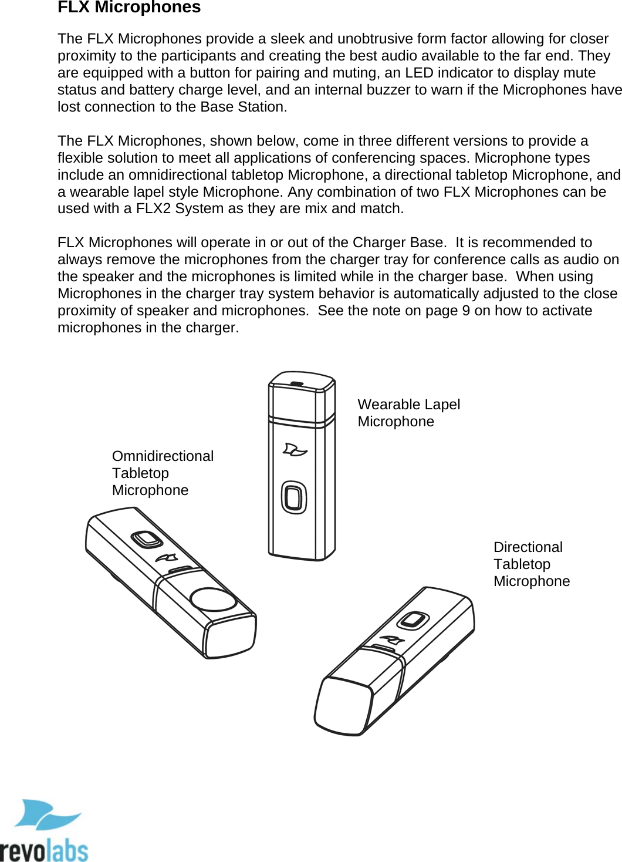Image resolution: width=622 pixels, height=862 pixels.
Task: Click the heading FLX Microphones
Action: tap(129, 8)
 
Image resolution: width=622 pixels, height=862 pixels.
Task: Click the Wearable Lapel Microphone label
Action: tap(408, 413)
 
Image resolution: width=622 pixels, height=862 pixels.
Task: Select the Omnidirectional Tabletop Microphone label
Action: tap(163, 473)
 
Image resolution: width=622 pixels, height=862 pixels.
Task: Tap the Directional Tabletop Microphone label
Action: tap(531, 564)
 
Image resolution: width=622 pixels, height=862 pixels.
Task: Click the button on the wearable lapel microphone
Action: tap(294, 497)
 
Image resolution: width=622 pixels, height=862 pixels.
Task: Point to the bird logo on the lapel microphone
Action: tap(295, 450)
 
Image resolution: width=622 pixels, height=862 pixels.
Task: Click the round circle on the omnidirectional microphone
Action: tap(214, 599)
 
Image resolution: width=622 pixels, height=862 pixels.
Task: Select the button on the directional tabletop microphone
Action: tap(414, 620)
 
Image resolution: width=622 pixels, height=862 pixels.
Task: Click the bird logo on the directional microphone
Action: tap(391, 639)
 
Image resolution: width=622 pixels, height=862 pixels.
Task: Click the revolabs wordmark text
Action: tap(44, 850)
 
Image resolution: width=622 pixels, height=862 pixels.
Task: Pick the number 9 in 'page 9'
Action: tap(466, 311)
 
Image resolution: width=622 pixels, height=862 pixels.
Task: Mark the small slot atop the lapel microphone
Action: tap(298, 383)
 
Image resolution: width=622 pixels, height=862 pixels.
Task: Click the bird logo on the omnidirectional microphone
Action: tap(167, 557)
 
